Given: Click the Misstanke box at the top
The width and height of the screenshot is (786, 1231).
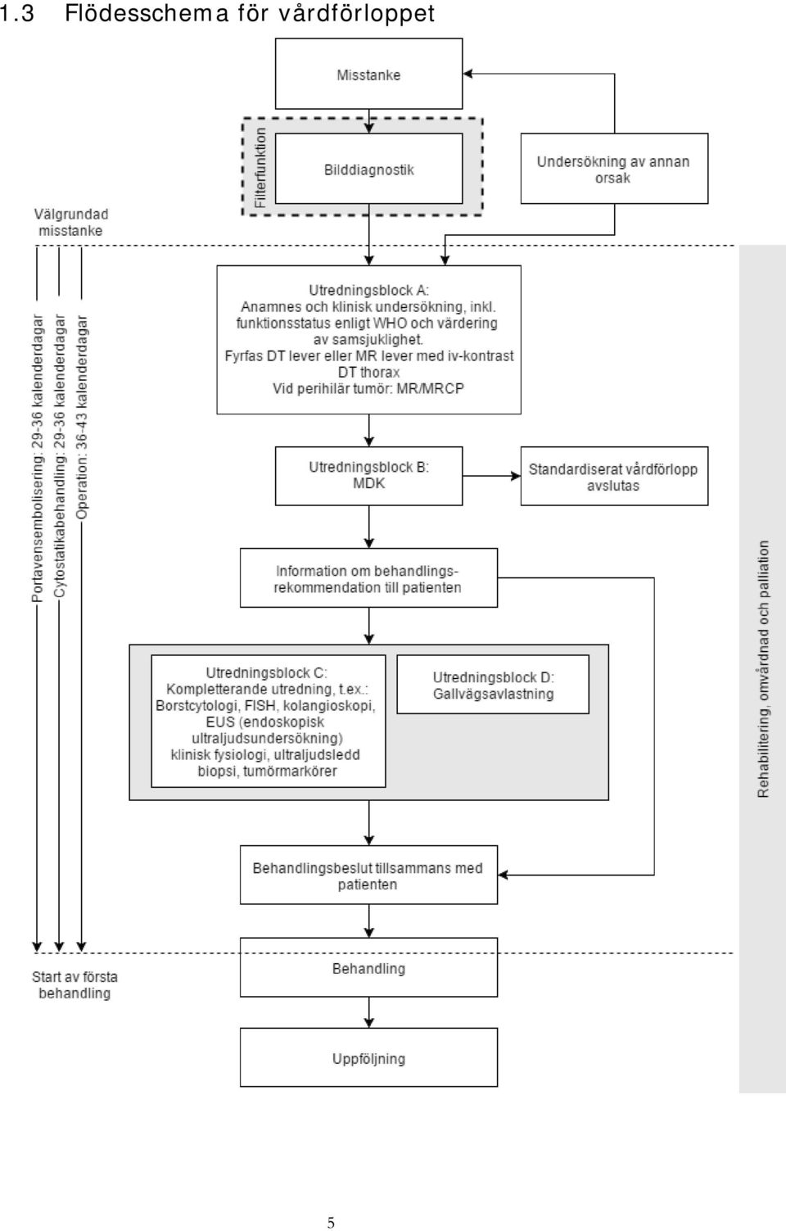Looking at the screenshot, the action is click(x=368, y=74).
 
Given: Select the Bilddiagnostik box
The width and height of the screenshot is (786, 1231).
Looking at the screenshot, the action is click(x=368, y=169).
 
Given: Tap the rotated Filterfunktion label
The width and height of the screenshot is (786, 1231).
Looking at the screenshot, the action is click(x=260, y=168).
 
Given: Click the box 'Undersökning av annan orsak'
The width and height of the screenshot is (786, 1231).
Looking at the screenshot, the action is click(x=614, y=169).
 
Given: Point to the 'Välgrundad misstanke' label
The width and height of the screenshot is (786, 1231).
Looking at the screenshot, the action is click(x=71, y=222).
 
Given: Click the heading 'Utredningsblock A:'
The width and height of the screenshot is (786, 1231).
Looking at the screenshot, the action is click(x=368, y=290).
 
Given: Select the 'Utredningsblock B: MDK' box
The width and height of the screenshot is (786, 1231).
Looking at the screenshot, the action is click(x=368, y=476).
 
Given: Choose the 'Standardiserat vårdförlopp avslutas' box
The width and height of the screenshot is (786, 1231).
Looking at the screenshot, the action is click(x=614, y=476).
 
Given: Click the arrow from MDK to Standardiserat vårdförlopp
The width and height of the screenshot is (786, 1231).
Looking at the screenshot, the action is click(x=491, y=476).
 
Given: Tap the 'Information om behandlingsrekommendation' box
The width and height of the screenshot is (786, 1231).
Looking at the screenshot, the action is click(x=368, y=577).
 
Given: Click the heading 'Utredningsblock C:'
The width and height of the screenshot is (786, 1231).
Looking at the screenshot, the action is click(x=267, y=672).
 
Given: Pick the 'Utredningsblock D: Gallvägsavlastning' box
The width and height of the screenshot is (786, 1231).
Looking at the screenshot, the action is click(x=493, y=684).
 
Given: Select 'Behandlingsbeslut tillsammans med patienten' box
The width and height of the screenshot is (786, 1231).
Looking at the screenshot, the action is click(x=368, y=875).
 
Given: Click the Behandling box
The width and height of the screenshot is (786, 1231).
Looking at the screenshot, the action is click(x=368, y=967).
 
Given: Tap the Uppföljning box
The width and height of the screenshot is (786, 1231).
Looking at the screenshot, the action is click(x=368, y=1057).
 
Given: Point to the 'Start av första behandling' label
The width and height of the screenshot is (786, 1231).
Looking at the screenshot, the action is click(x=75, y=984).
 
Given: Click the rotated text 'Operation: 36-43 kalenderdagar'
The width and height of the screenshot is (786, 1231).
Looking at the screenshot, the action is click(x=81, y=417).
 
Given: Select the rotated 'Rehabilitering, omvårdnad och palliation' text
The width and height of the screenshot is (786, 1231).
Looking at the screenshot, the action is click(x=763, y=669).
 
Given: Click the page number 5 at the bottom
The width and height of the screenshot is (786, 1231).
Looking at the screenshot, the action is click(x=331, y=1223).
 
